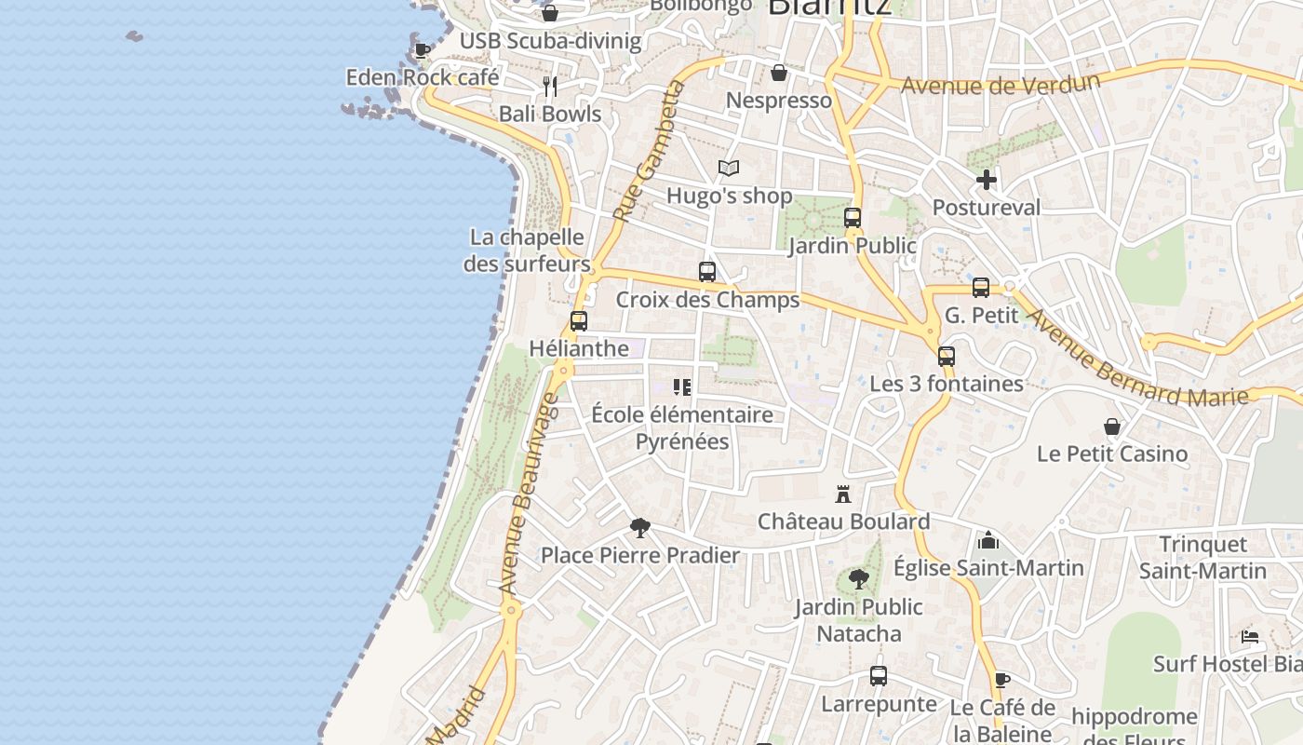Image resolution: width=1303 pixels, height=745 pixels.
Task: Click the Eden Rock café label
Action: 423,77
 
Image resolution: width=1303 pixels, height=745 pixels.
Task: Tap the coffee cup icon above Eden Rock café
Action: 422,49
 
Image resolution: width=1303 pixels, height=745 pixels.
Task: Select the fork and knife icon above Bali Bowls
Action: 550,87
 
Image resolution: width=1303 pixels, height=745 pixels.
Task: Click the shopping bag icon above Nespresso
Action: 779,73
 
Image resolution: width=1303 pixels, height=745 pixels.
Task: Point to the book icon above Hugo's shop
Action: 729,169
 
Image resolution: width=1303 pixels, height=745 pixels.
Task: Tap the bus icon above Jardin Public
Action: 853,218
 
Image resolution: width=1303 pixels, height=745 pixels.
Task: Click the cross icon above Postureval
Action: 987,180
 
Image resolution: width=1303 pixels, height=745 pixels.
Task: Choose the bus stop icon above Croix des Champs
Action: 707,272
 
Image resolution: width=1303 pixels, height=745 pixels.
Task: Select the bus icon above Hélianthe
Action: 579,321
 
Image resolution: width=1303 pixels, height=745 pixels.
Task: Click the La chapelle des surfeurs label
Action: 527,251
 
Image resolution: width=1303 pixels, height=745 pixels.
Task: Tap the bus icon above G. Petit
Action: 981,288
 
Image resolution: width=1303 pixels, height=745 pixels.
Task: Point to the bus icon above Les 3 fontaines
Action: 947,356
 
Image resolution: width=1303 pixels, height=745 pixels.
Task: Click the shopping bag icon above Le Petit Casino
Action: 1112,427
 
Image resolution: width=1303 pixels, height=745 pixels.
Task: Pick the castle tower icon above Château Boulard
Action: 843,494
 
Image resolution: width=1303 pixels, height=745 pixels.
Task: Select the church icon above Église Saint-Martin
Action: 988,540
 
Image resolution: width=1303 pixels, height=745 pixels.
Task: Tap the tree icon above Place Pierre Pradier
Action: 639,528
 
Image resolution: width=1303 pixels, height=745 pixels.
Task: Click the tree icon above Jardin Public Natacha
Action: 859,579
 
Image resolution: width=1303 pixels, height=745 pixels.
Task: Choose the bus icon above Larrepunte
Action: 879,676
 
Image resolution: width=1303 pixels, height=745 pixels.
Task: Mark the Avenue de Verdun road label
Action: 1001,84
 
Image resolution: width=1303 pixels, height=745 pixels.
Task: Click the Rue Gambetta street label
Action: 649,151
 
